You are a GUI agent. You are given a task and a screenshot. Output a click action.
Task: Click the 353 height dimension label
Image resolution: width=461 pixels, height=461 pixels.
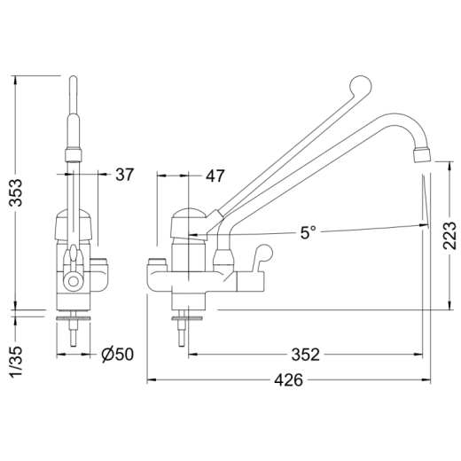click(x=16, y=192)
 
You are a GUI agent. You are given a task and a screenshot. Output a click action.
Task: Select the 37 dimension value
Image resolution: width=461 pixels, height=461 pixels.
click(x=125, y=175)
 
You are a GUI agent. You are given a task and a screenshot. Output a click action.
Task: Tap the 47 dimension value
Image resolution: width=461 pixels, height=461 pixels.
click(x=215, y=176)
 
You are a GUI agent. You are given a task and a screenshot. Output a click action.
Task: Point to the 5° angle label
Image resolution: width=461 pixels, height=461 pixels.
click(x=309, y=232)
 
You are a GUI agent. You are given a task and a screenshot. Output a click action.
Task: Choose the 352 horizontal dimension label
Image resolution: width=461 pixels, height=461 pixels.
click(x=306, y=355)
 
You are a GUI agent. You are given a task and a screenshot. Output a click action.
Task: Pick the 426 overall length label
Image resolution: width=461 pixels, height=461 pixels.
click(x=289, y=379)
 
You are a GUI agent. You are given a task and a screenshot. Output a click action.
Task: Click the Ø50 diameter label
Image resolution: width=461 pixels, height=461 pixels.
click(x=118, y=354)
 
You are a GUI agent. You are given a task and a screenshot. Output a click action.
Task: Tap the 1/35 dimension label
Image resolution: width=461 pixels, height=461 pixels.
click(x=16, y=362)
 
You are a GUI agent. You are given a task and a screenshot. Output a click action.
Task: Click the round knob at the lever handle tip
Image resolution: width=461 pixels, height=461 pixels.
click(x=360, y=86)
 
